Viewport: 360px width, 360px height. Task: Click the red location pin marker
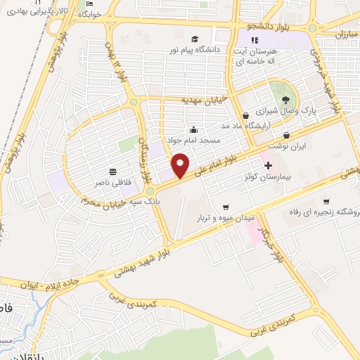point(181,165)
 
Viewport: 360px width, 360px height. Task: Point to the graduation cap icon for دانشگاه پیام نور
point(195,39)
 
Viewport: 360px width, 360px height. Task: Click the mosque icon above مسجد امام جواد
point(194,130)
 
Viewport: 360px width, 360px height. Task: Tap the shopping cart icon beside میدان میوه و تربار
point(225,207)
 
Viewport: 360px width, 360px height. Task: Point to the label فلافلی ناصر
point(114,183)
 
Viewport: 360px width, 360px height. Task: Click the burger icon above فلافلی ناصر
point(113,170)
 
